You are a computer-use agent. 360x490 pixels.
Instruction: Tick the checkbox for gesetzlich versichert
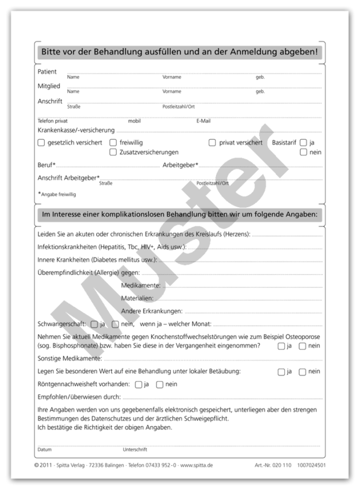tap(41, 143)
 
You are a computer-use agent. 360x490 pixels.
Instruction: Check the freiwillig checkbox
tap(113, 143)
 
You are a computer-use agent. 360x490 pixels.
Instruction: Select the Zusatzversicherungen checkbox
tap(113, 152)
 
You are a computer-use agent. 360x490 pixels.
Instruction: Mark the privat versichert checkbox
tap(212, 143)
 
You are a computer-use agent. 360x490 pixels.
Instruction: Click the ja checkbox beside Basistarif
tap(303, 143)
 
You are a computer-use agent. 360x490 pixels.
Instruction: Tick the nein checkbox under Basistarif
tap(303, 152)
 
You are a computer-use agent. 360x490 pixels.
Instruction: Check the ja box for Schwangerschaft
tap(94, 324)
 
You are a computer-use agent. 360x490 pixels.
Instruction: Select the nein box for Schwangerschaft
tap(115, 324)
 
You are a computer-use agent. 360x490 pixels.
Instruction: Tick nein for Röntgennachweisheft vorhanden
tap(159, 384)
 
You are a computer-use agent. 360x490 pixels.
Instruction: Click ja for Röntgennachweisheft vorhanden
tap(138, 384)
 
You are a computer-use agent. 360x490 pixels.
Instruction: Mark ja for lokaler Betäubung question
tap(281, 372)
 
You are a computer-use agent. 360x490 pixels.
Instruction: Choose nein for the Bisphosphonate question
tap(302, 346)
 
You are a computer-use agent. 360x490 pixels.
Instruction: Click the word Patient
tap(47, 72)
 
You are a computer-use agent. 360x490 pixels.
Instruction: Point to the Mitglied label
tap(49, 86)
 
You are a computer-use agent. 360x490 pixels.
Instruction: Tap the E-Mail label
tap(203, 121)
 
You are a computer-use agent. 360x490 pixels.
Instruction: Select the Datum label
tap(44, 449)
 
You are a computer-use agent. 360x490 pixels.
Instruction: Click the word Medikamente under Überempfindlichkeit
tap(140, 285)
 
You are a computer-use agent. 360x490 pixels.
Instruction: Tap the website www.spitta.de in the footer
tap(196, 465)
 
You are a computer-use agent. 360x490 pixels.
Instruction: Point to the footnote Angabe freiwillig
tap(58, 194)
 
